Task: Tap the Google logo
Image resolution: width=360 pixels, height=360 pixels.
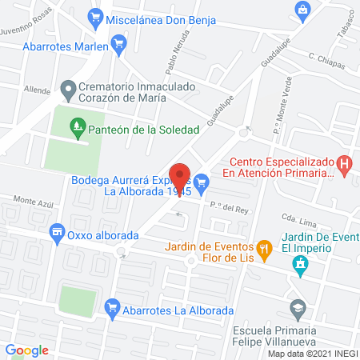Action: coord(27,350)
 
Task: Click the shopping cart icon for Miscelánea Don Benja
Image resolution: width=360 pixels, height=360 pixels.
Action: coord(97,14)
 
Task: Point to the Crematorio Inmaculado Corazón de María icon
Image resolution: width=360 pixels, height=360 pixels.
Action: coord(67,89)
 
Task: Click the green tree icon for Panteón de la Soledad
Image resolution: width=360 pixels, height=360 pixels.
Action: coord(78,125)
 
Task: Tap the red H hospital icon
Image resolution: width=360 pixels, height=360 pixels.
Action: coord(345,166)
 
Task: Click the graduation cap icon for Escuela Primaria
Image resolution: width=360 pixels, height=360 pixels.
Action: coord(298,307)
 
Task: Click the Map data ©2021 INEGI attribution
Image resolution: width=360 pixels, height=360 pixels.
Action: coord(312,354)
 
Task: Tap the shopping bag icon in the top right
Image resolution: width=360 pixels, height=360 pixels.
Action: coord(302,8)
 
